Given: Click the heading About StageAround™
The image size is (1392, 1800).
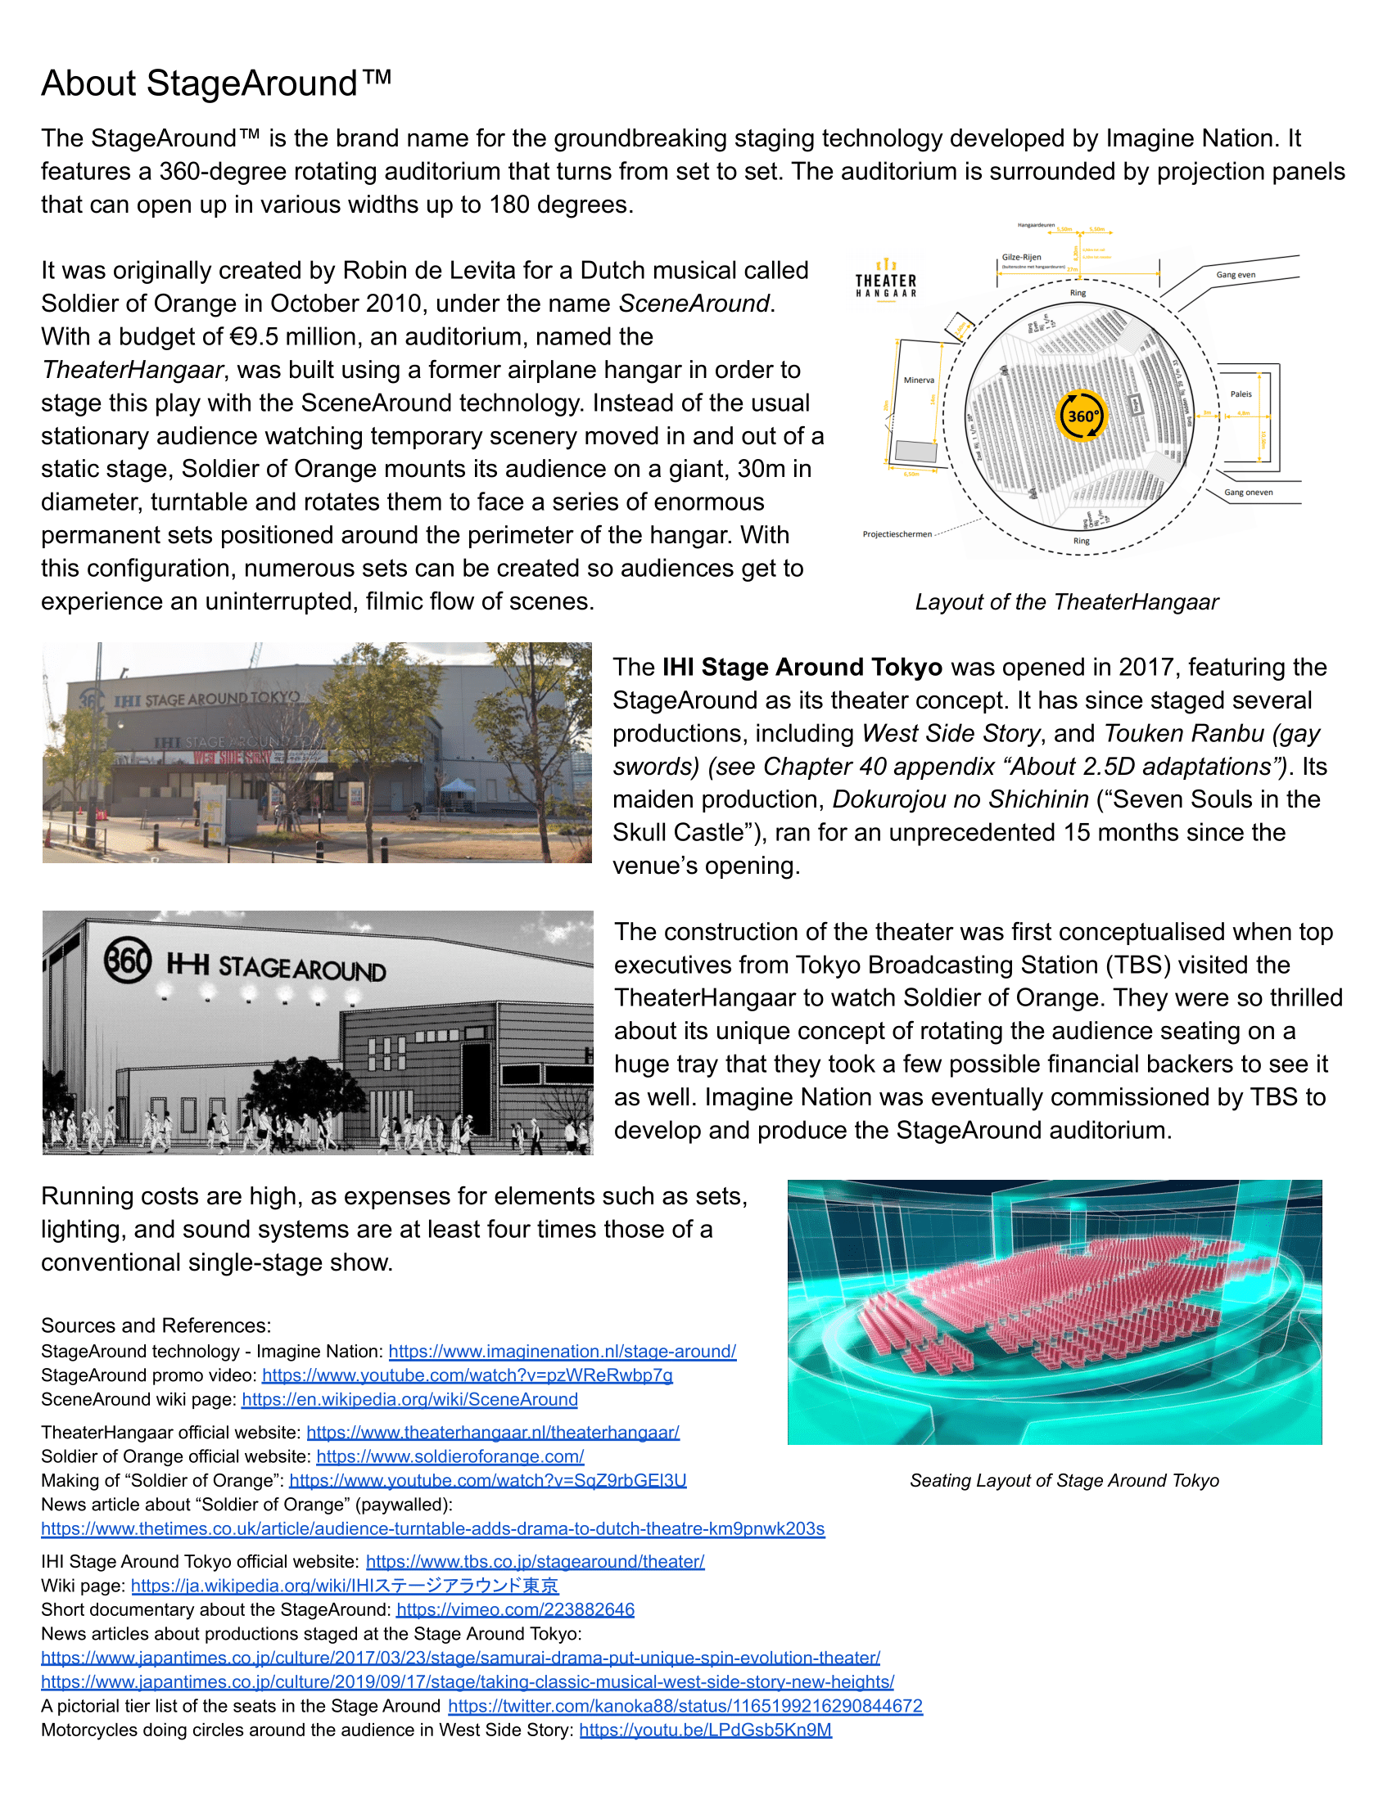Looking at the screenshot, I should pyautogui.click(x=216, y=83).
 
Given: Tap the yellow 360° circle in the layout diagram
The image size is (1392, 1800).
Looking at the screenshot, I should pyautogui.click(x=1081, y=416).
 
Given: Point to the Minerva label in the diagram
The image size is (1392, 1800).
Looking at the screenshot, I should pyautogui.click(x=919, y=380).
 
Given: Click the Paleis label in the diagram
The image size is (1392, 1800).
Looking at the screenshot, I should pyautogui.click(x=1241, y=394).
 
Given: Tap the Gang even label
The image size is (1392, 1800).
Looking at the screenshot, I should pyautogui.click(x=1236, y=274).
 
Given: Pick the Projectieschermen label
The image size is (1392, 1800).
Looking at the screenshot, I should pyautogui.click(x=897, y=534).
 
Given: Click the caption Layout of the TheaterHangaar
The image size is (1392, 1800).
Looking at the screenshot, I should pyautogui.click(x=1066, y=602).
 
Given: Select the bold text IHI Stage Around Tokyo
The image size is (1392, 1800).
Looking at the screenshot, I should pyautogui.click(x=802, y=667).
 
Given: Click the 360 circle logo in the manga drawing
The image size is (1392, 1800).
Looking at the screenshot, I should pyautogui.click(x=128, y=961).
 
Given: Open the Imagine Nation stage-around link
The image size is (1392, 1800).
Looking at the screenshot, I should pyautogui.click(x=562, y=1351).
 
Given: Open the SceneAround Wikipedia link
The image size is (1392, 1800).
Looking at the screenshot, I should pyautogui.click(x=409, y=1399).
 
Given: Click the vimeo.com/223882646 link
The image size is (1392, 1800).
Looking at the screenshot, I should pyautogui.click(x=514, y=1609).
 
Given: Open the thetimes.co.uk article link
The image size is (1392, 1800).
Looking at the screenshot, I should pyautogui.click(x=432, y=1529).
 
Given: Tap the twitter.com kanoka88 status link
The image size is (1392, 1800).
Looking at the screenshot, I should pyautogui.click(x=685, y=1706).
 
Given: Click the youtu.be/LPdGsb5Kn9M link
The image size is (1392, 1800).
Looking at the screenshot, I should pyautogui.click(x=705, y=1730).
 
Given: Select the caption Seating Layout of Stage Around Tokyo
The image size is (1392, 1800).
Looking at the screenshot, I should pyautogui.click(x=1064, y=1481).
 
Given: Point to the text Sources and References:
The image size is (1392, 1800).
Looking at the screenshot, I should pyautogui.click(x=156, y=1325).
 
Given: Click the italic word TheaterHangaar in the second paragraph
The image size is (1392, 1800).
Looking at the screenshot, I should pyautogui.click(x=132, y=370).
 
